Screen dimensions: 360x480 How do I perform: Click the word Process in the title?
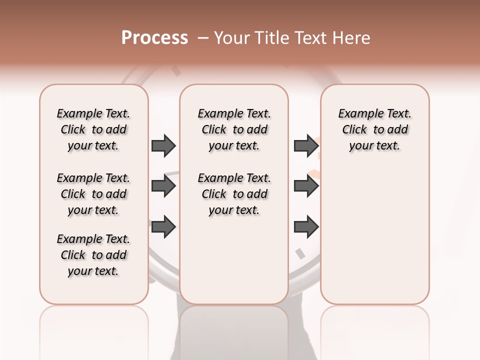(x=154, y=37)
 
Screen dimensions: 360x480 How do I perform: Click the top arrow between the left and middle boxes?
(x=163, y=145)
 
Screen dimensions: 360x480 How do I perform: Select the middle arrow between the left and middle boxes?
(x=163, y=186)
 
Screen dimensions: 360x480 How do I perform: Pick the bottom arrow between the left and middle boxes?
(x=163, y=226)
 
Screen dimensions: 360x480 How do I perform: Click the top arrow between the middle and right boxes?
(x=306, y=145)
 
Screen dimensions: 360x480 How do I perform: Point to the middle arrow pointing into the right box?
(x=306, y=186)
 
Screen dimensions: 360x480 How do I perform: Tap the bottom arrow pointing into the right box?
(x=306, y=226)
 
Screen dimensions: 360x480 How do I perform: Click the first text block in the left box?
(x=93, y=129)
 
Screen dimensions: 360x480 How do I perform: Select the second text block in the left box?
(x=93, y=194)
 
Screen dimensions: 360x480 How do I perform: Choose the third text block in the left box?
(x=93, y=255)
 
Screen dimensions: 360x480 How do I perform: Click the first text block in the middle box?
(x=234, y=129)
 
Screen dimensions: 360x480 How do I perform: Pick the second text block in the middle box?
(x=234, y=194)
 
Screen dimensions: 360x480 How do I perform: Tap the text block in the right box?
(x=375, y=129)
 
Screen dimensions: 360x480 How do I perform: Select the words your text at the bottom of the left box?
(x=93, y=271)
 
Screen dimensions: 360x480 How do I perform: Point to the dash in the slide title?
(x=203, y=38)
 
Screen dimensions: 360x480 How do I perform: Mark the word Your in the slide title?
(x=231, y=38)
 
